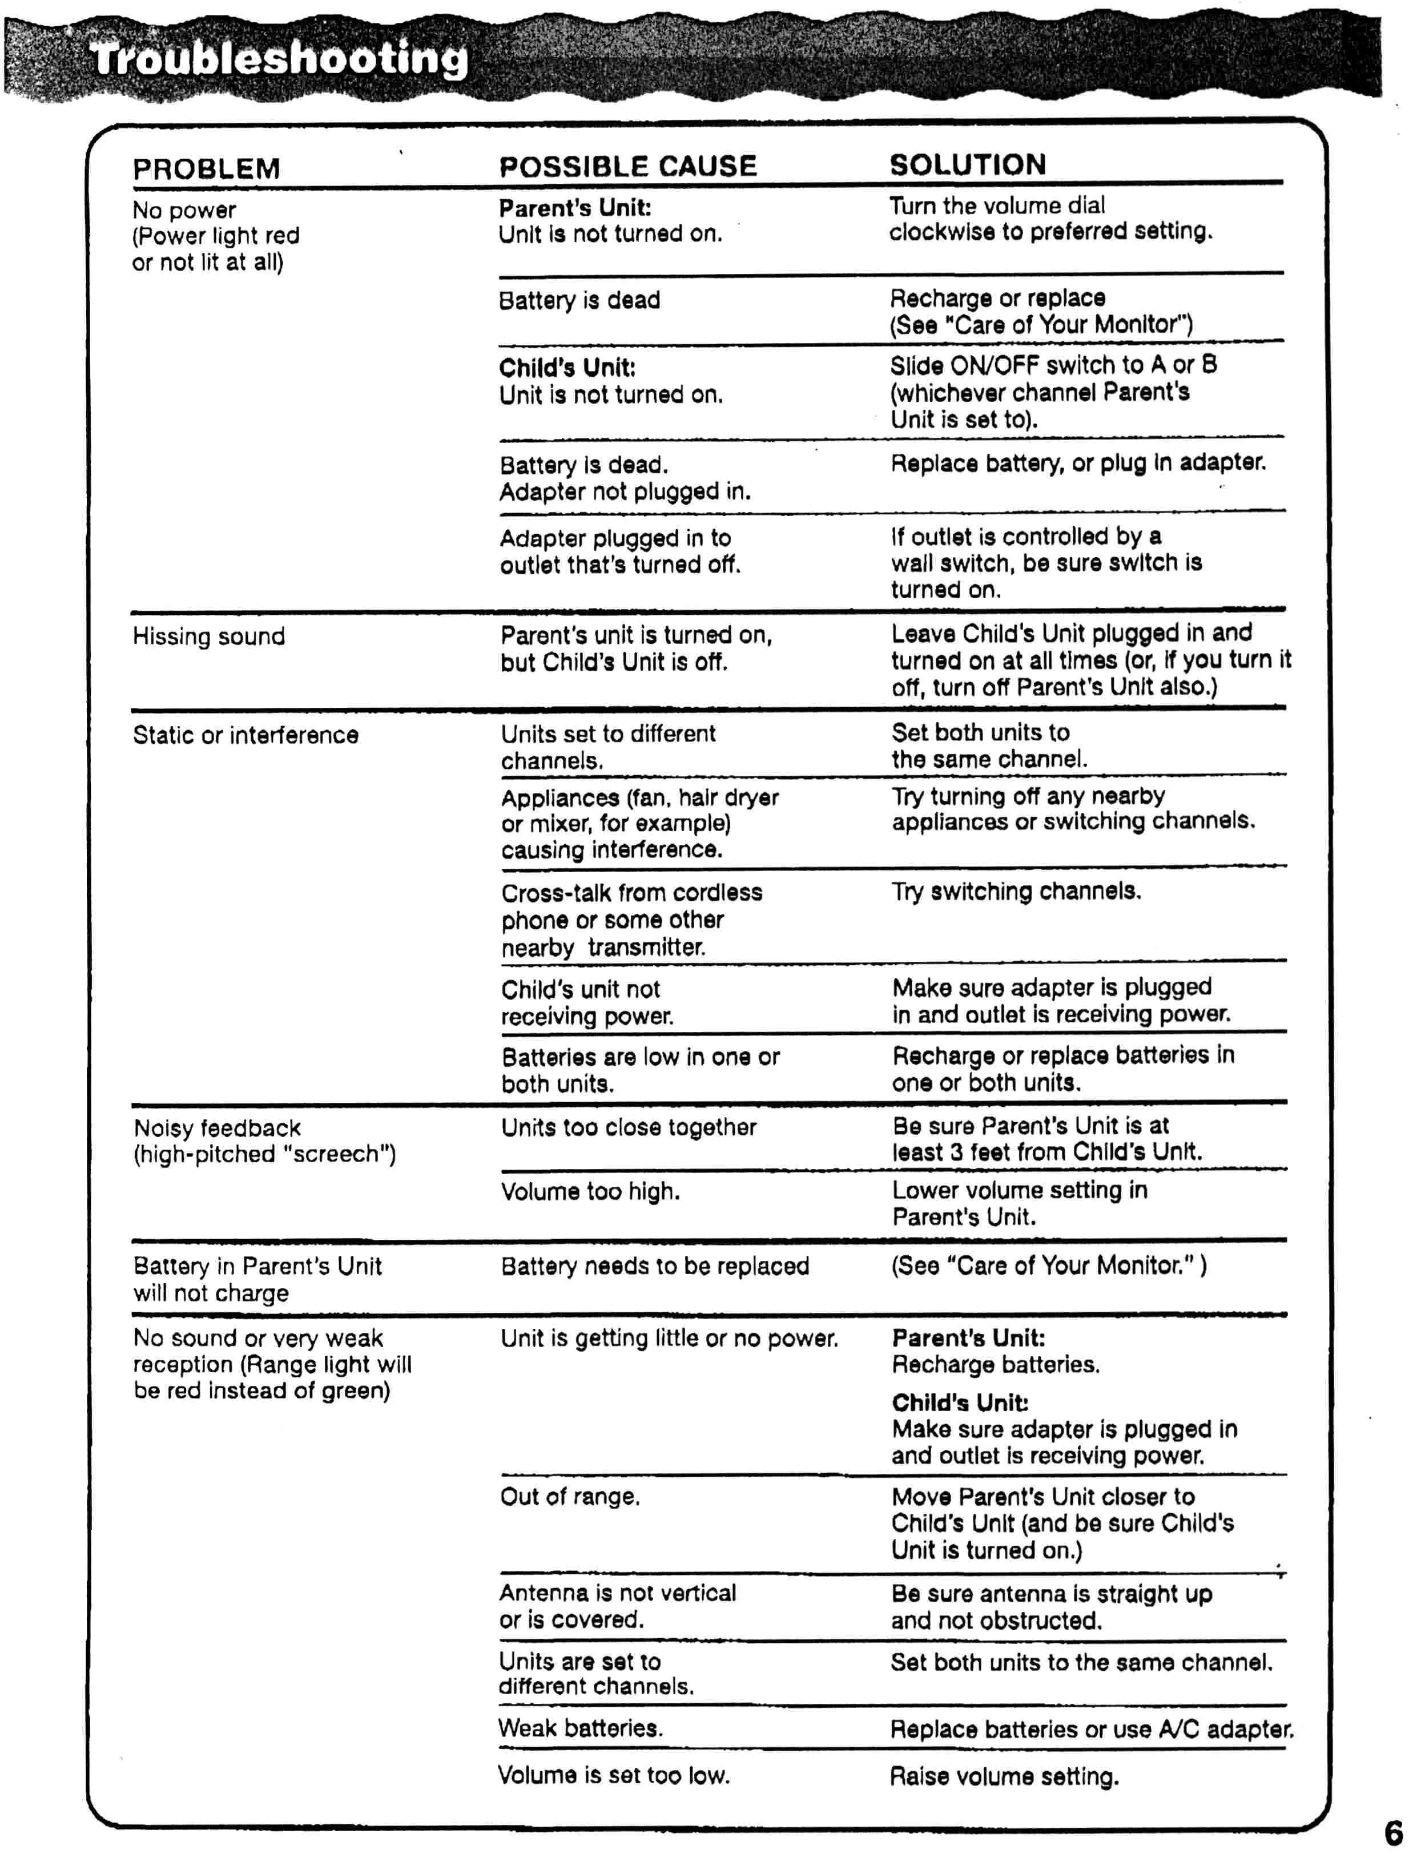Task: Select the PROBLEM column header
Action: [x=206, y=168]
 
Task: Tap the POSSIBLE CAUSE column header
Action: [x=627, y=166]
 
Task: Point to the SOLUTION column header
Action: [x=967, y=164]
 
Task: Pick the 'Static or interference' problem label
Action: [x=245, y=735]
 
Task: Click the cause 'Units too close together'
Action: [x=628, y=1128]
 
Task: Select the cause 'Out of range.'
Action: [x=569, y=1497]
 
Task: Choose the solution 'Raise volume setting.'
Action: [x=1004, y=1776]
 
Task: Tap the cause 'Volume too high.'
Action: [x=590, y=1191]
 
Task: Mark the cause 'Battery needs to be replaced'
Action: [x=654, y=1266]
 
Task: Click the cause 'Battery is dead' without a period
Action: [x=579, y=300]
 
